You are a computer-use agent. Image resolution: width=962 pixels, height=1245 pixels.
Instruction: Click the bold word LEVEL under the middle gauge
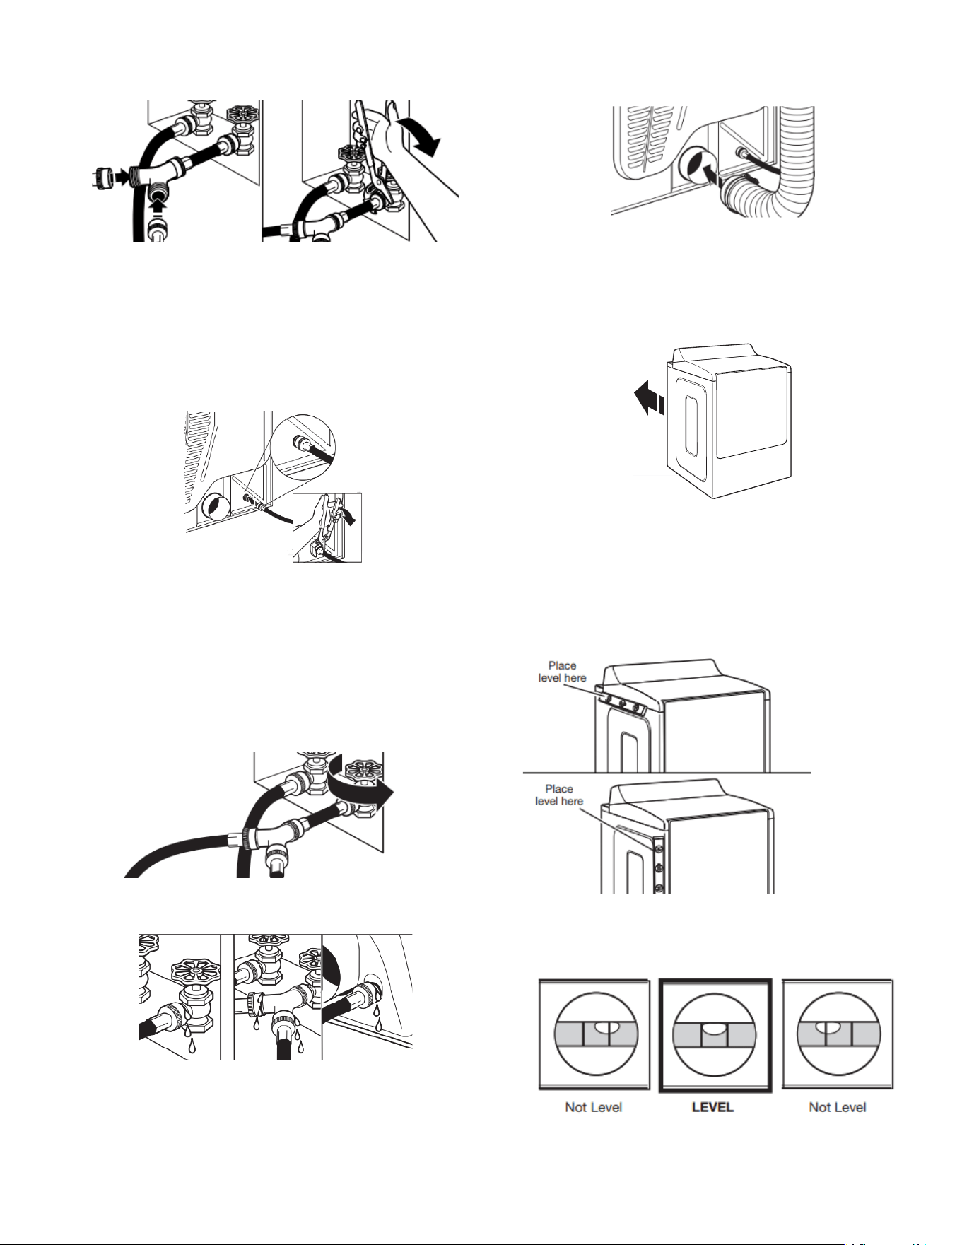[x=712, y=1107]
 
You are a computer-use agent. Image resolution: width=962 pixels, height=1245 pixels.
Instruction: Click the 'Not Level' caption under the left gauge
[x=594, y=1107]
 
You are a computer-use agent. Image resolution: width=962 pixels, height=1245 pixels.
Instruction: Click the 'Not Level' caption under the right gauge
[x=838, y=1107]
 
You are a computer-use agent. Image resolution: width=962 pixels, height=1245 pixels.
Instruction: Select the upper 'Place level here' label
[x=563, y=672]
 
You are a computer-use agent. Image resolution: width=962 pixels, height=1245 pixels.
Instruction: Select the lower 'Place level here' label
[x=560, y=795]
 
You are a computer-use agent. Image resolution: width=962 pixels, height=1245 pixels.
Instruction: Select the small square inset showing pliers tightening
[x=327, y=527]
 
